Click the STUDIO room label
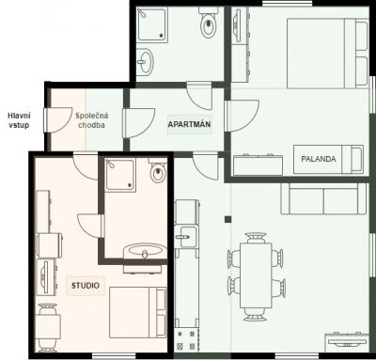(85, 285)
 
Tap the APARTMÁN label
(188, 123)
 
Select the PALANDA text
(318, 159)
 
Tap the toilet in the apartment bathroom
(209, 24)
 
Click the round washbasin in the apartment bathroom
(145, 63)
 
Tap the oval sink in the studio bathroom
(146, 251)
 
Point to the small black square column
(227, 218)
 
